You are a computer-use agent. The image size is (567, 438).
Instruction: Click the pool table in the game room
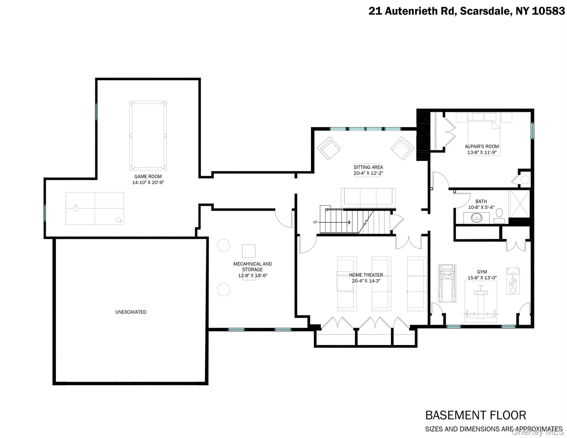click(x=148, y=135)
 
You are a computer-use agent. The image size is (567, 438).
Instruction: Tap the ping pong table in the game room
click(x=95, y=208)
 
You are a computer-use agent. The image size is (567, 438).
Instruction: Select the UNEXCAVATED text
click(x=131, y=312)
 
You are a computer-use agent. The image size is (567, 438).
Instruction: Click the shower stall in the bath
click(x=520, y=204)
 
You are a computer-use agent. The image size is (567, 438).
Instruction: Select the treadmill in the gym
click(x=447, y=283)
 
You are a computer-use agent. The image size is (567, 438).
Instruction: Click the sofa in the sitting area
click(x=368, y=197)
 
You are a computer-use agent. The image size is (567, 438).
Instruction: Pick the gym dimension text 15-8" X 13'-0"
click(x=482, y=278)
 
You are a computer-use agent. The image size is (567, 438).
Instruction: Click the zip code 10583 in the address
click(x=548, y=11)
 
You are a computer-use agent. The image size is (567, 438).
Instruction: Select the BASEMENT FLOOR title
click(x=475, y=415)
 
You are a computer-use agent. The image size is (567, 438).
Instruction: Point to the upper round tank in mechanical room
click(x=224, y=246)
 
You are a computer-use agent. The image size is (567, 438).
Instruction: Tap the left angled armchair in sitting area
click(x=329, y=148)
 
